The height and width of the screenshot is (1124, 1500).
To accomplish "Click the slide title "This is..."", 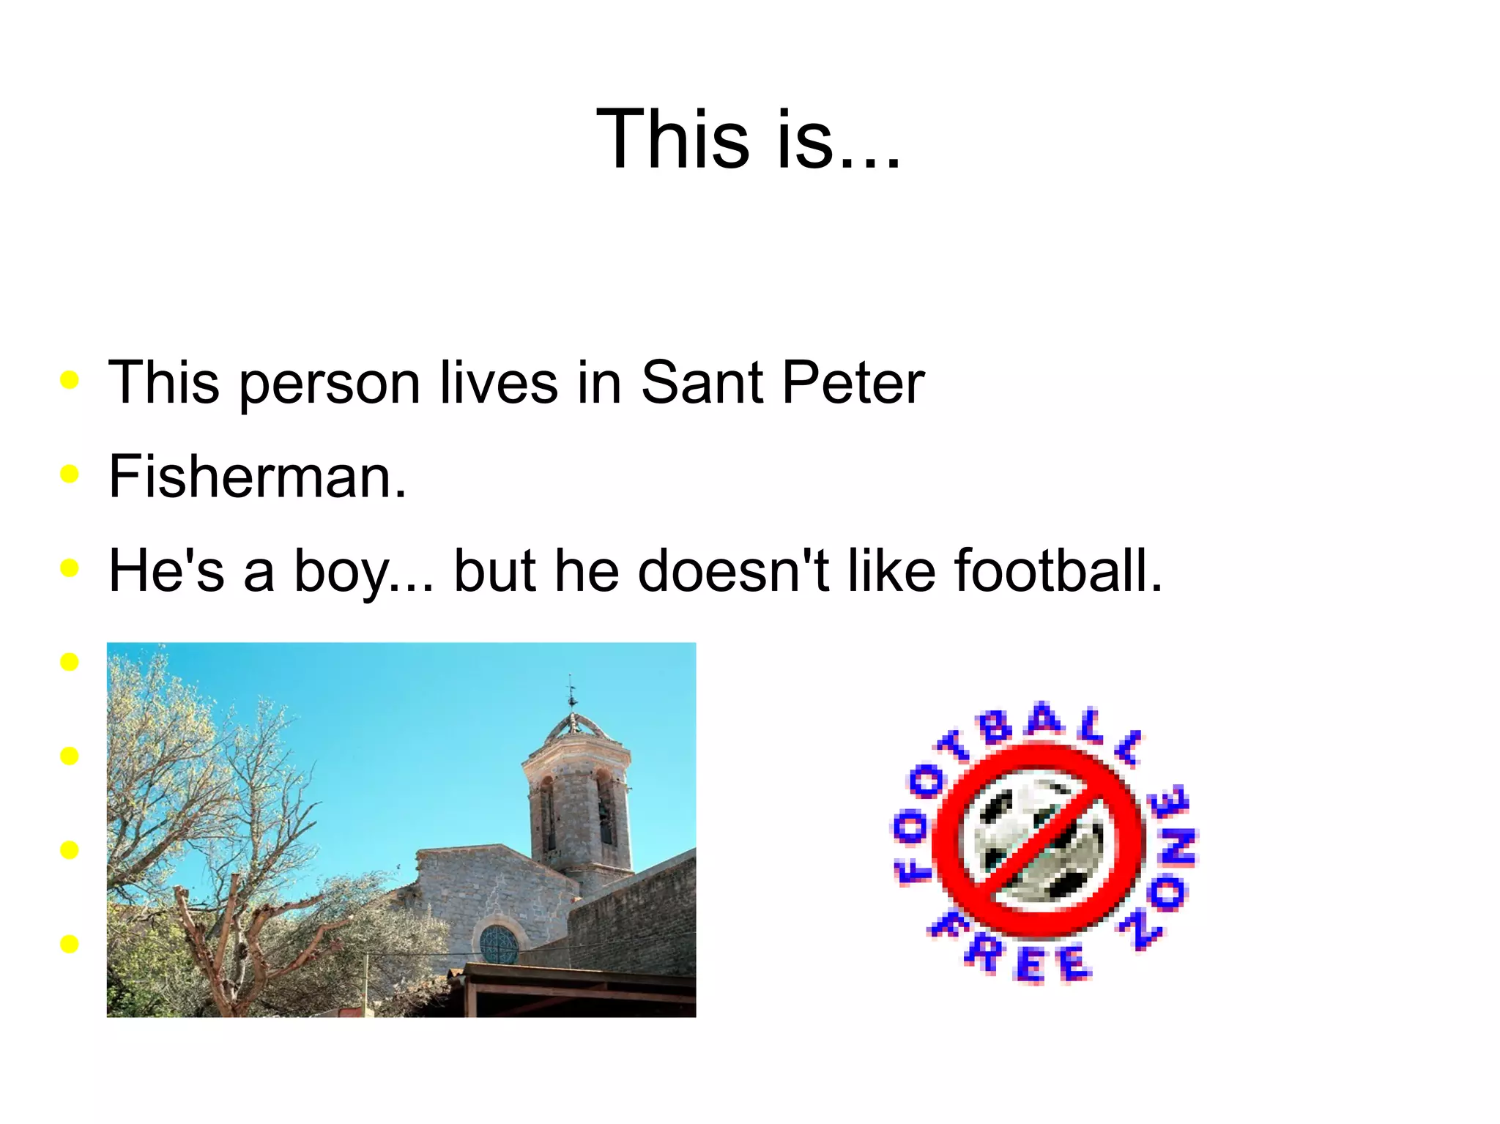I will tap(749, 138).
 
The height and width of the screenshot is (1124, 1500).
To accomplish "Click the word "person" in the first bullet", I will tap(329, 383).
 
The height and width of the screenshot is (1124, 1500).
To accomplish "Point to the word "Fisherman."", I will tap(257, 476).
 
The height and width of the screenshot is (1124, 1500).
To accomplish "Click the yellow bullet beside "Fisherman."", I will tap(70, 474).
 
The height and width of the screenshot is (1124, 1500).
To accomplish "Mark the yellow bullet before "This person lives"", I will tap(70, 379).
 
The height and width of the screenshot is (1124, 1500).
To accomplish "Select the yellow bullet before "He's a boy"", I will tap(70, 567).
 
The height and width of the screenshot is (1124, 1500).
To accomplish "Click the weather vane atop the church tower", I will tap(572, 692).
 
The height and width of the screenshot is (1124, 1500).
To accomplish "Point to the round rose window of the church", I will tap(499, 945).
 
